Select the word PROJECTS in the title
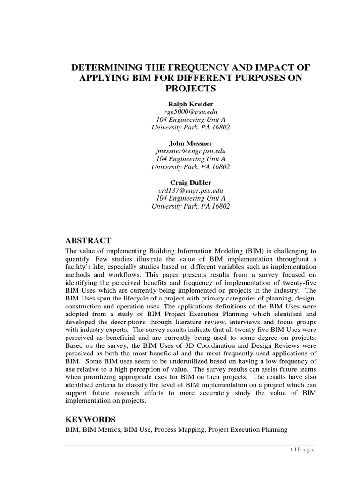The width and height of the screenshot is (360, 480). tap(190, 89)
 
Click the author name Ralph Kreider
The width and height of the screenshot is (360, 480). tap(190, 103)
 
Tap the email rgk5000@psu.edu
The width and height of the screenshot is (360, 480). tap(190, 111)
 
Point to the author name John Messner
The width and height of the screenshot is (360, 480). tap(190, 143)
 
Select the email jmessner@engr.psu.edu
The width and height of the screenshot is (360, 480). tap(190, 151)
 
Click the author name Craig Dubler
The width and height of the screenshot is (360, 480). tap(190, 182)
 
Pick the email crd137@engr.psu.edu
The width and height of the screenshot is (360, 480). tap(190, 190)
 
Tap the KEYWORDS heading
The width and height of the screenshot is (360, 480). tap(90, 419)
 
